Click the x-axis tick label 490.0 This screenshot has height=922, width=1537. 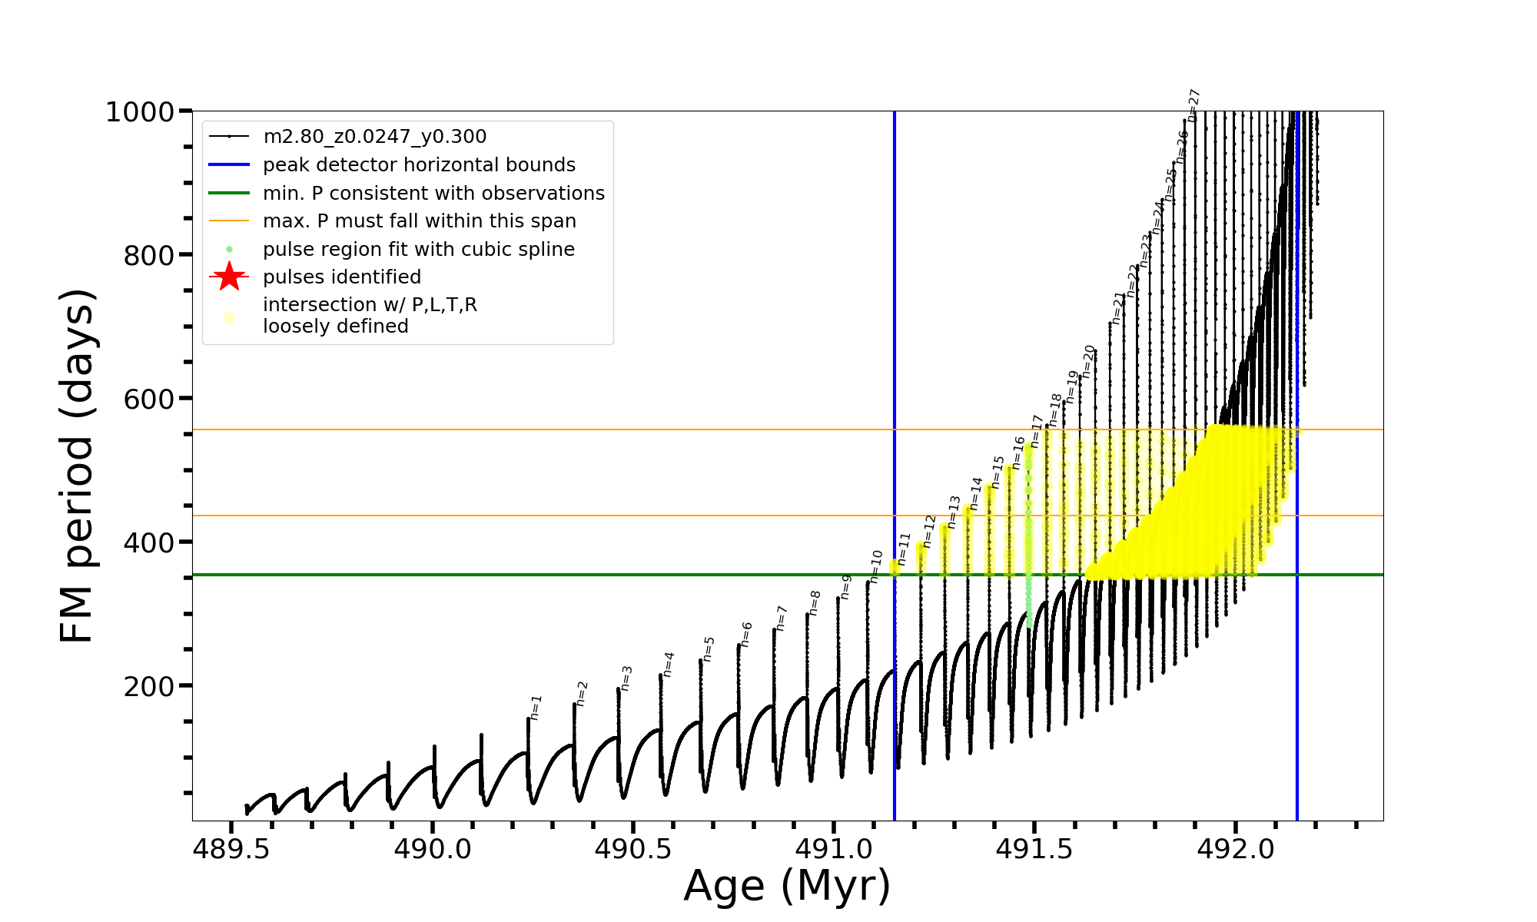432,849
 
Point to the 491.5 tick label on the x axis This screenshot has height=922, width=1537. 1034,849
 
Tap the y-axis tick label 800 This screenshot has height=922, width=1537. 149,255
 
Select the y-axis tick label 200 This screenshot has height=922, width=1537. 149,686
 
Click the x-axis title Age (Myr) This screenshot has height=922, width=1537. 787,886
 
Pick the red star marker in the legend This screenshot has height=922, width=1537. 229,277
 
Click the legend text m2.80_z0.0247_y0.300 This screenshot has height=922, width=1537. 374,137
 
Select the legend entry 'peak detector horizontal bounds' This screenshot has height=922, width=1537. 419,165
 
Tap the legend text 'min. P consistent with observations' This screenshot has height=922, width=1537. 433,193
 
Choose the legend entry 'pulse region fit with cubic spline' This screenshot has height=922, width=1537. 418,249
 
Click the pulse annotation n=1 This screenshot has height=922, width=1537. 536,707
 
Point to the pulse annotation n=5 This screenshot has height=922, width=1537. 709,648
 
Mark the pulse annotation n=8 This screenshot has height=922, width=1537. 815,602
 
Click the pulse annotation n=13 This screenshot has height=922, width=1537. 954,512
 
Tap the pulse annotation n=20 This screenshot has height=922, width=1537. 1089,361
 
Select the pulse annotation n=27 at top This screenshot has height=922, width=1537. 1194,105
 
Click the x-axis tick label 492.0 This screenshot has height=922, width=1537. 1235,849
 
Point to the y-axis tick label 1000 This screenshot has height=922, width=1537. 140,112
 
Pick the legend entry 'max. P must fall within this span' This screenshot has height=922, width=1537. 419,221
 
